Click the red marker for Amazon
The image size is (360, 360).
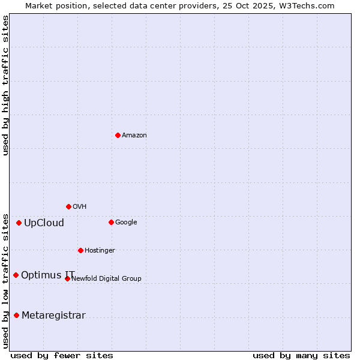[118, 135]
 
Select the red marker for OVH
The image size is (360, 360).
[68, 206]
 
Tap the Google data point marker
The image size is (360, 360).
[111, 222]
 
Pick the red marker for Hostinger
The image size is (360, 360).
[80, 250]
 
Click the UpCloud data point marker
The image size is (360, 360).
[19, 223]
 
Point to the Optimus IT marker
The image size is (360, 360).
[16, 275]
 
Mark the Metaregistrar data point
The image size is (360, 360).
[16, 315]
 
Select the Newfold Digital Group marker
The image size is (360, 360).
[67, 278]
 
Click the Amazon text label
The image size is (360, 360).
[134, 136]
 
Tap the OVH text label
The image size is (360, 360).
[80, 207]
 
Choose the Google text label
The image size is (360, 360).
[126, 223]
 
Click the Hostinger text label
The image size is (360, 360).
[100, 251]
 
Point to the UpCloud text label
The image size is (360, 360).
[44, 223]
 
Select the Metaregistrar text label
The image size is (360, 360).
[53, 316]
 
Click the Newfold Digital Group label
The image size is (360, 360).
[107, 278]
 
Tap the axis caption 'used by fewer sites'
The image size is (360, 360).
[62, 355]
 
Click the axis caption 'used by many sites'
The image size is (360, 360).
[301, 355]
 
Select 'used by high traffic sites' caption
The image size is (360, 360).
[5, 85]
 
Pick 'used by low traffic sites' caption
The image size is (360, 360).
[5, 280]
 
